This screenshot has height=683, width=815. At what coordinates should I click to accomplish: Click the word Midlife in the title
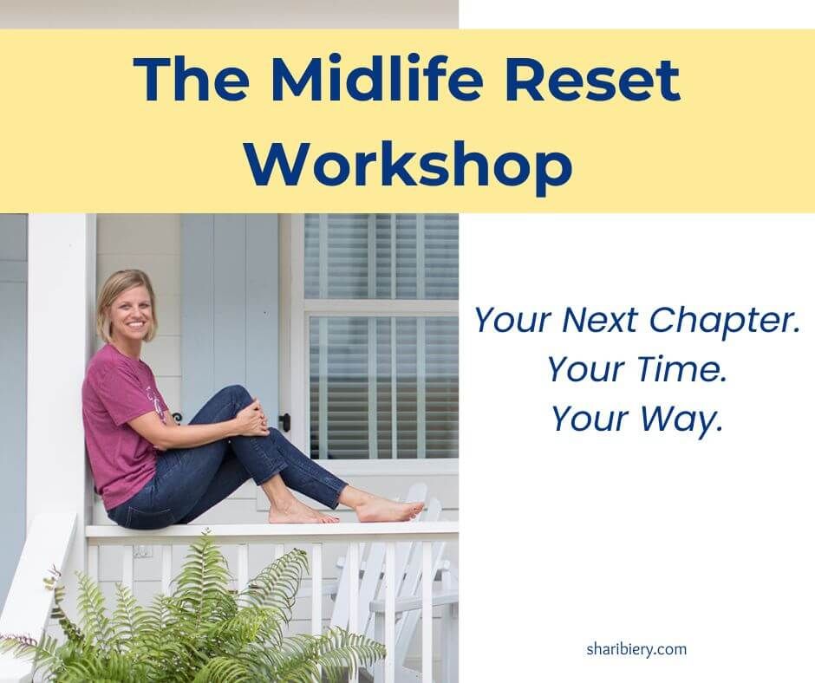(x=356, y=81)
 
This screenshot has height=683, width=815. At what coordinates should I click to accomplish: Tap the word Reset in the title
(x=586, y=81)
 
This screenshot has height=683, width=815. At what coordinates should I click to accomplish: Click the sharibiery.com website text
(x=636, y=649)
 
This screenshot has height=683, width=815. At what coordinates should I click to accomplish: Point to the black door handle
(x=284, y=422)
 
